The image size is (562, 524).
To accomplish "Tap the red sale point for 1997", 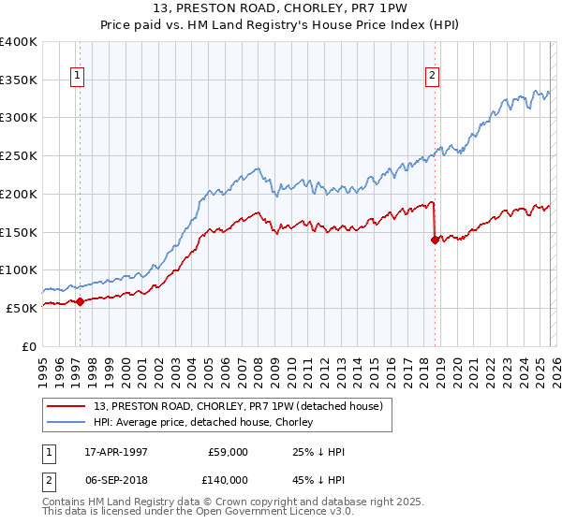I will click(x=80, y=301).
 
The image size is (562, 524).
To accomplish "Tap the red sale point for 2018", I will click(x=435, y=240).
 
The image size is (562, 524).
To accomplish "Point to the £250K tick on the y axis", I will click(x=21, y=156).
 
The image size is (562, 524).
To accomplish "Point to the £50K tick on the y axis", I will click(x=24, y=308).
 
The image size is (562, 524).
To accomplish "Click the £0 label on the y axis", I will click(x=30, y=346).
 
